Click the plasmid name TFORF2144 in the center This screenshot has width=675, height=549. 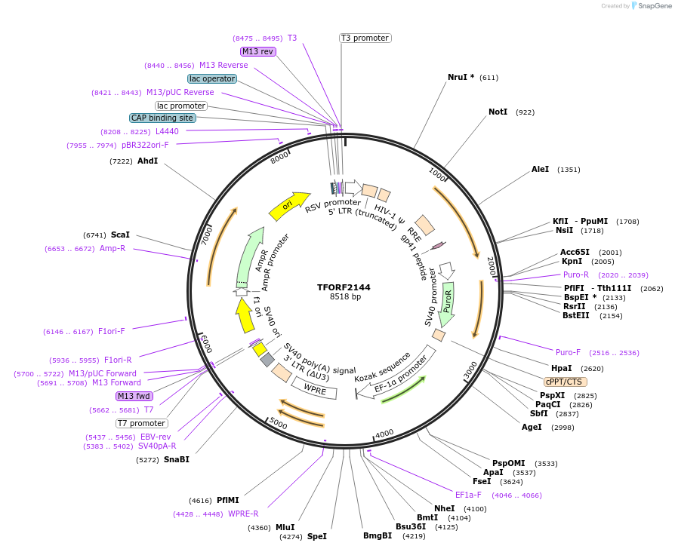click(344, 287)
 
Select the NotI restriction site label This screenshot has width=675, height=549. click(498, 112)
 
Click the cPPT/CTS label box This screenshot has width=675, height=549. click(565, 382)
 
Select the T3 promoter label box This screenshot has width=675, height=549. click(365, 38)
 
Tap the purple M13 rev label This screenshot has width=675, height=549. click(257, 51)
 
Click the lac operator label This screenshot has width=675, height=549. click(212, 78)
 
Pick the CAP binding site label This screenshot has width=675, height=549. click(162, 118)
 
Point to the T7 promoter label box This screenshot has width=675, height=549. click(142, 423)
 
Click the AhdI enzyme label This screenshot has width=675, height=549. click(147, 161)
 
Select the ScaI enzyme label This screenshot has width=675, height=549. click(120, 235)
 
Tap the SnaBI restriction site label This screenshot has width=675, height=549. click(177, 459)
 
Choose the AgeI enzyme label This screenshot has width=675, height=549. click(532, 427)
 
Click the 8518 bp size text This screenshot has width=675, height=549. click(345, 297)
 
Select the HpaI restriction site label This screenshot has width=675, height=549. click(561, 368)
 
